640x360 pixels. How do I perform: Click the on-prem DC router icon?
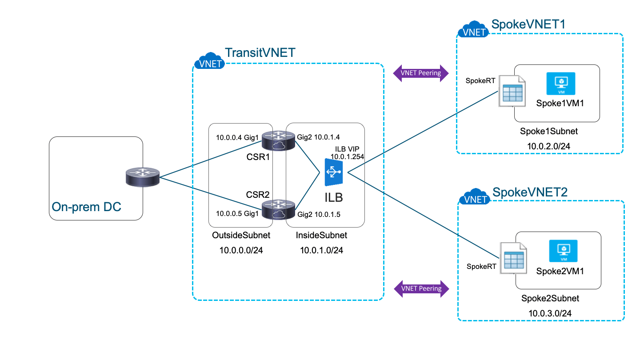pos(142,177)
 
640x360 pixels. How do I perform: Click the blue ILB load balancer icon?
pos(334,174)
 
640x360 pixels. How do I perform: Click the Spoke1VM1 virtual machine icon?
pos(561,83)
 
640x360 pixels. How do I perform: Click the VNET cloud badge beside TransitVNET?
pos(209,63)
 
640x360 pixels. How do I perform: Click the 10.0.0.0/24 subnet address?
pos(241,250)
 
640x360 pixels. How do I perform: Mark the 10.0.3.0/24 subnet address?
pos(550,313)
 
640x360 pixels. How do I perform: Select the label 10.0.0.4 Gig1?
pos(237,137)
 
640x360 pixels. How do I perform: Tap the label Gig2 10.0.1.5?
pos(319,214)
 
